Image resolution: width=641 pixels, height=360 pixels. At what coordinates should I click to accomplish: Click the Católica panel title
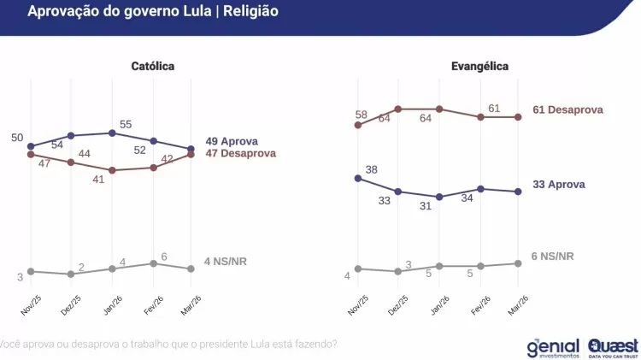(153, 66)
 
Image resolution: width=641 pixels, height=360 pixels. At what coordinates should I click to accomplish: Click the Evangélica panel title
(479, 66)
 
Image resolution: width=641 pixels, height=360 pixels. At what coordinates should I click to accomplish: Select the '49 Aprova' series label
(232, 141)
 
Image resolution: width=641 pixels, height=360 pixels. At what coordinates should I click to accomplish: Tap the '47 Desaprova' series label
(241, 153)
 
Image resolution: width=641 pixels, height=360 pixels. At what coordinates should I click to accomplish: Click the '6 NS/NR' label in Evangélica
(552, 256)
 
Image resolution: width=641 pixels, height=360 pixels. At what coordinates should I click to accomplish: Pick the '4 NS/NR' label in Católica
(226, 261)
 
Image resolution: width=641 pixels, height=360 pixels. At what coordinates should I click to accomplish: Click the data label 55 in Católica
(126, 124)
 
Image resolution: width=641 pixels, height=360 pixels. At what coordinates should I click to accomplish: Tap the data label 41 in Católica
(99, 180)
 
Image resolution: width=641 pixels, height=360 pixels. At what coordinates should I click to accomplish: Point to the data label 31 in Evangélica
(426, 206)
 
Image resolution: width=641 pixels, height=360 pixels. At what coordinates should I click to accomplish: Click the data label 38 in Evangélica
(371, 170)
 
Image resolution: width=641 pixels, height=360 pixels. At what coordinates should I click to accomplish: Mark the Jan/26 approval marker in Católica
(112, 133)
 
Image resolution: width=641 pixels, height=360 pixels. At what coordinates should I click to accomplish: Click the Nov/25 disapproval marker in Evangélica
(357, 125)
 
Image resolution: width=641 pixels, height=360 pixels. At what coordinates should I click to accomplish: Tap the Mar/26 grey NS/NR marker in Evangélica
(520, 263)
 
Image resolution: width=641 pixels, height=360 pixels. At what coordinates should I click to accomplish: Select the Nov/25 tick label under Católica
(32, 304)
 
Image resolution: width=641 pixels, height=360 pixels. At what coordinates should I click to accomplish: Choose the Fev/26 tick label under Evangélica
(479, 305)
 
